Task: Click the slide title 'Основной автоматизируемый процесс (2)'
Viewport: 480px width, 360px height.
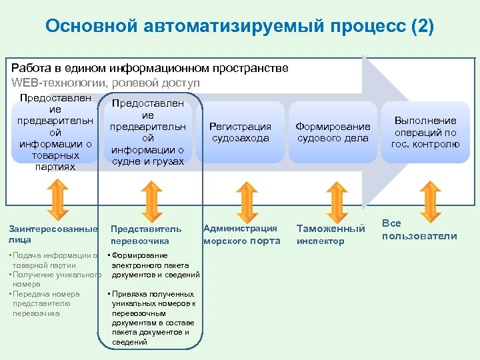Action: click(x=239, y=26)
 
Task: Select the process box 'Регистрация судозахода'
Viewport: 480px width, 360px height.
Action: click(x=240, y=132)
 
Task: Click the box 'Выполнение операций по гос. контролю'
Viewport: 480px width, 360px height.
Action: click(x=425, y=132)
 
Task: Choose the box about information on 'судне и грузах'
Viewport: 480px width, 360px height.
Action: click(x=147, y=132)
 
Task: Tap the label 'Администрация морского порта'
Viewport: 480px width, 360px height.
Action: click(x=241, y=234)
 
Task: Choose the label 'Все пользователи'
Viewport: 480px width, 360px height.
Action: click(x=419, y=230)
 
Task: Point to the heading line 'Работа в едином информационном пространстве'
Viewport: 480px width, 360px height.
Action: click(x=150, y=68)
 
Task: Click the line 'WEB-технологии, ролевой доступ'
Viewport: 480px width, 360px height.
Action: click(x=105, y=83)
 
